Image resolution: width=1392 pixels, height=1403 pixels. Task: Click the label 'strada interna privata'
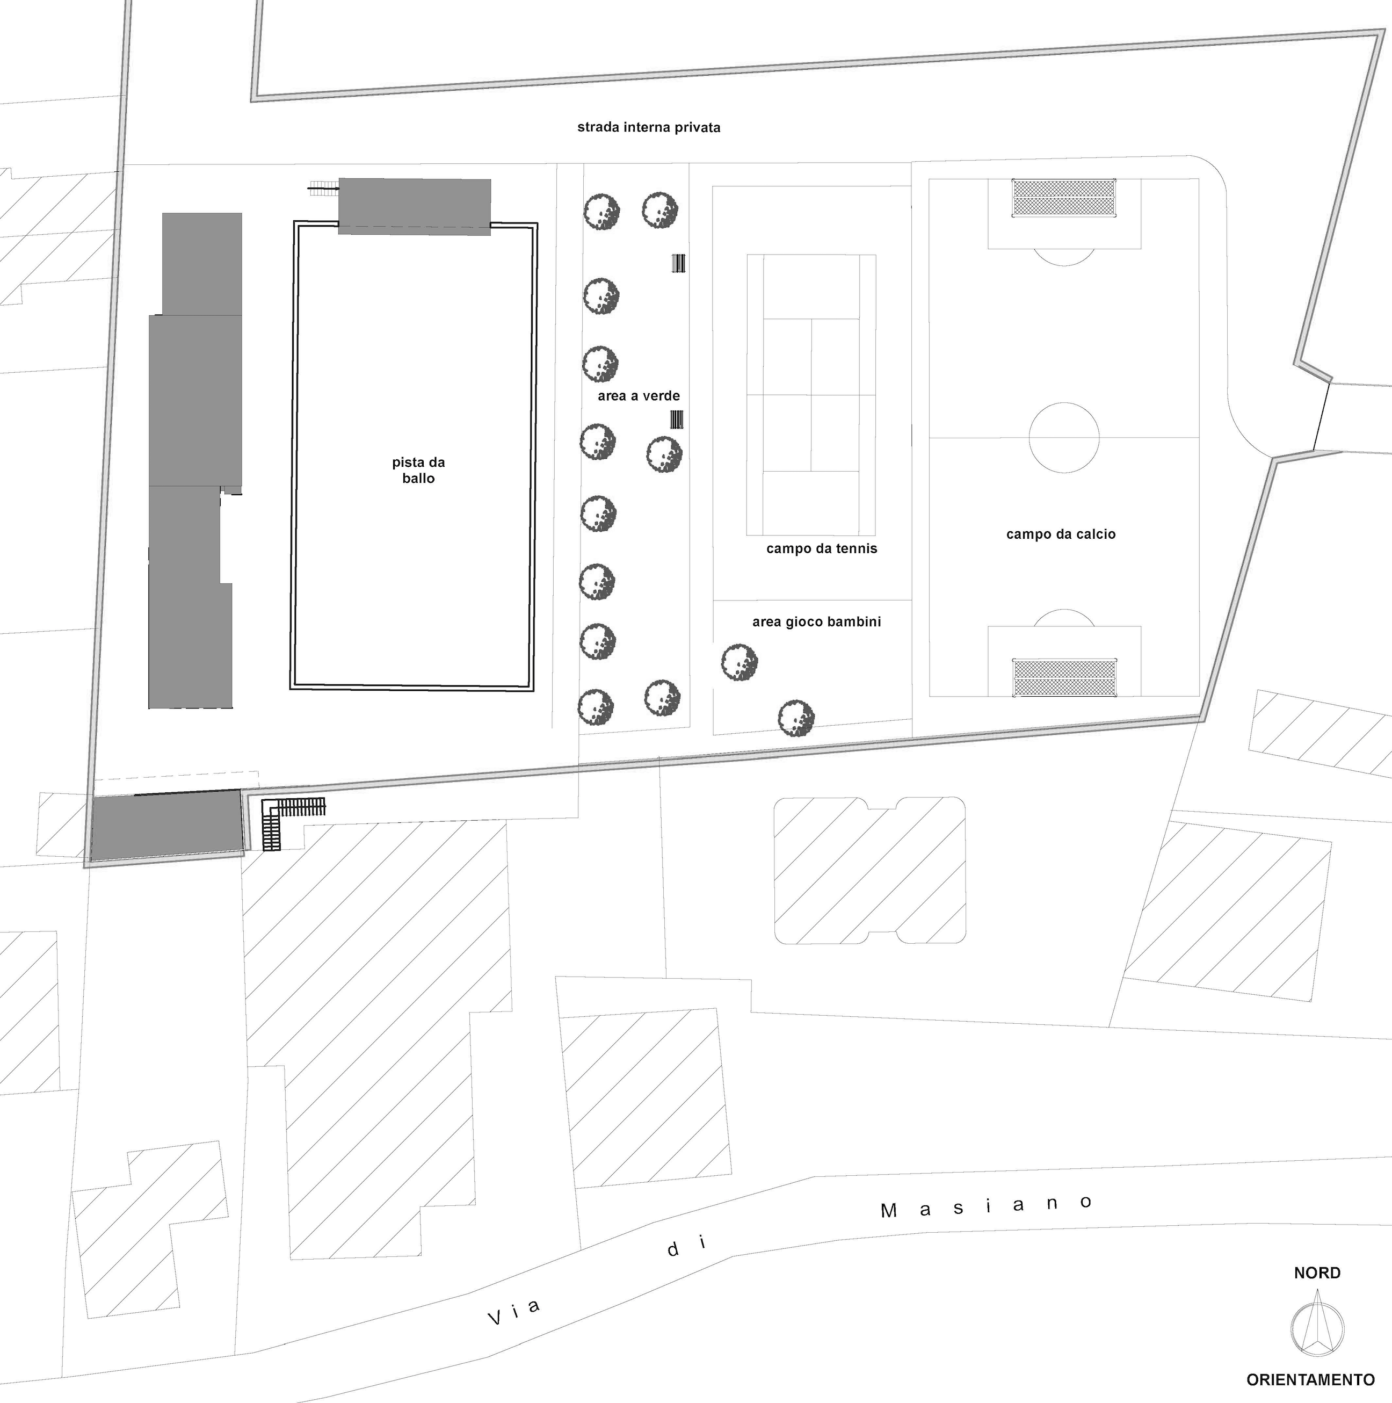click(648, 128)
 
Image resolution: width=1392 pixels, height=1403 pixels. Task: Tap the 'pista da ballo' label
click(418, 470)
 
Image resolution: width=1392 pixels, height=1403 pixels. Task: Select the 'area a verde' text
click(639, 396)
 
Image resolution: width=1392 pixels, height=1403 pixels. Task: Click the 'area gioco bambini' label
click(816, 621)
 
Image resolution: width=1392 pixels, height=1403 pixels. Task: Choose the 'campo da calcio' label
click(1060, 534)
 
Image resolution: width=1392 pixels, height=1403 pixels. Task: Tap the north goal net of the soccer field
click(1064, 198)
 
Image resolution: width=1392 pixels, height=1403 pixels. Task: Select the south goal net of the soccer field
click(1064, 677)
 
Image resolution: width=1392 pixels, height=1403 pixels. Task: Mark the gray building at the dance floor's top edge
click(414, 207)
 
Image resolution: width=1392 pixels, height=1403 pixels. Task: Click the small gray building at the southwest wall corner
click(167, 825)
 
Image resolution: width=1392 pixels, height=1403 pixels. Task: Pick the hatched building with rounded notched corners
click(870, 870)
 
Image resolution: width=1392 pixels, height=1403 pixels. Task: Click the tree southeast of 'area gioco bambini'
click(796, 718)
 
